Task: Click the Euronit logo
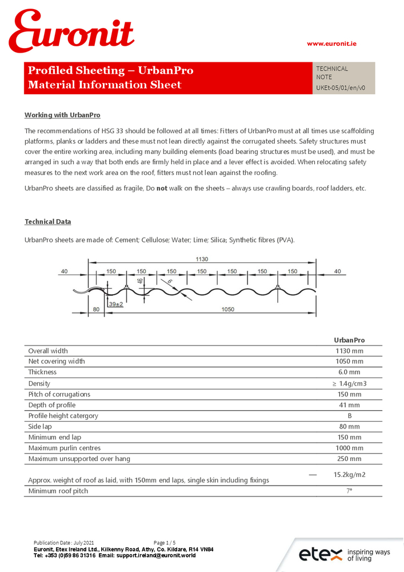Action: click(x=71, y=33)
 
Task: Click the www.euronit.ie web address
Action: click(x=331, y=43)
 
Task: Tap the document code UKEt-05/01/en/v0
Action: click(x=341, y=88)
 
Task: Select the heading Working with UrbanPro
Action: click(x=62, y=115)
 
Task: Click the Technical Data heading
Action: click(x=48, y=221)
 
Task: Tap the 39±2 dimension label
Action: click(x=117, y=304)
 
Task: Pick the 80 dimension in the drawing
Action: click(x=95, y=309)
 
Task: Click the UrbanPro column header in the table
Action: click(x=349, y=340)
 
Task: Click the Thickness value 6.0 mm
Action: click(x=349, y=372)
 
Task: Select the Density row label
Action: click(x=39, y=383)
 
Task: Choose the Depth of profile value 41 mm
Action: click(x=349, y=405)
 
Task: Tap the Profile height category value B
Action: click(x=349, y=416)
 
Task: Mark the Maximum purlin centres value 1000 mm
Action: click(x=349, y=448)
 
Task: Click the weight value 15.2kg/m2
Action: click(x=349, y=475)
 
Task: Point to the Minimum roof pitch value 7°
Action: click(x=349, y=491)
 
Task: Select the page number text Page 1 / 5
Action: click(x=165, y=542)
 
